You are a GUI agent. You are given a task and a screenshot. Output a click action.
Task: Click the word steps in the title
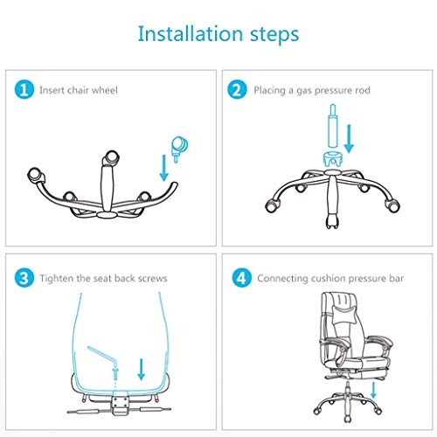click(270, 36)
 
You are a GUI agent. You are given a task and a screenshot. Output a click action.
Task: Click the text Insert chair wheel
click(79, 90)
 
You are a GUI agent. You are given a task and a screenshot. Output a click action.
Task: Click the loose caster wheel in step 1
click(179, 147)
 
